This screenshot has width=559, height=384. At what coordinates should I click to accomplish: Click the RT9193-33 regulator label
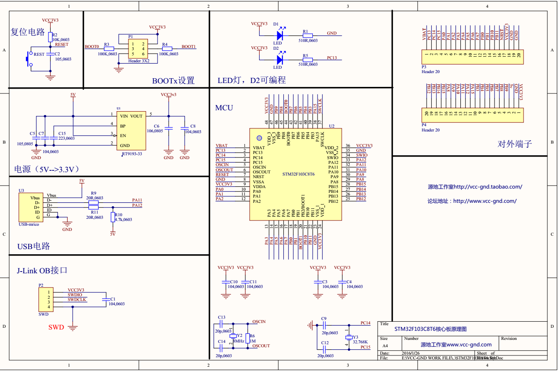132,154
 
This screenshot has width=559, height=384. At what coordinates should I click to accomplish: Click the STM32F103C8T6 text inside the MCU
298,174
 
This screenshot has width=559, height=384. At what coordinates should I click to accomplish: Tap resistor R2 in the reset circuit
50,36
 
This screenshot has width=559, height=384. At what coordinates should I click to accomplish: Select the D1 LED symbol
279,34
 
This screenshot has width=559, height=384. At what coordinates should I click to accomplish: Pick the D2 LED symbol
279,58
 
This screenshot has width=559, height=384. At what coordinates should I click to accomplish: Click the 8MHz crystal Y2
234,336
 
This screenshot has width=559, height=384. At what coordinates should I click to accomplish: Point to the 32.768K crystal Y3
349,337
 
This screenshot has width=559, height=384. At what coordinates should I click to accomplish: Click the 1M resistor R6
247,338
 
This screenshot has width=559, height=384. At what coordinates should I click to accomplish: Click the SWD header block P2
45,299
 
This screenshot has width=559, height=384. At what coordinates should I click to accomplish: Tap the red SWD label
56,327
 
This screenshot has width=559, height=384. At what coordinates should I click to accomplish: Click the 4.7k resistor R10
113,217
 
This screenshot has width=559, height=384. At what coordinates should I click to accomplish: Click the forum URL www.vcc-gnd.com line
472,201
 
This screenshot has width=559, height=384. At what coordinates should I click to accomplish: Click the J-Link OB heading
42,271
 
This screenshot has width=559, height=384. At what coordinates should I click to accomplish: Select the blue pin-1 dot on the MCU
259,138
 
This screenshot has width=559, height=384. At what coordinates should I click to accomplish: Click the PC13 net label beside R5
332,58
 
